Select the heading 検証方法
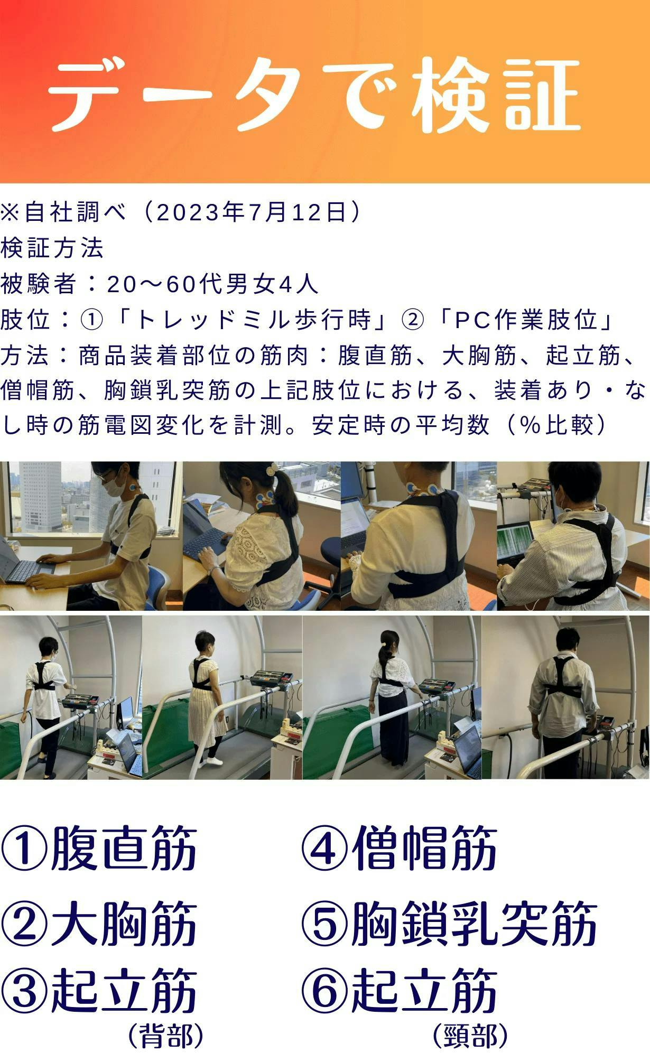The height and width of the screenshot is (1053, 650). tap(52, 248)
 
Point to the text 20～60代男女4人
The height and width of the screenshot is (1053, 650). tap(212, 284)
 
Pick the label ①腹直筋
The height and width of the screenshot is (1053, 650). tap(99, 849)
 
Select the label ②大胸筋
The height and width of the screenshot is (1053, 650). tap(99, 924)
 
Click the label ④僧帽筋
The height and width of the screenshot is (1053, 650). tap(400, 849)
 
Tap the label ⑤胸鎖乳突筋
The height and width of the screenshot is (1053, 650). tap(449, 924)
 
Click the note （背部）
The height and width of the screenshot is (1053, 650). tap(165, 1035)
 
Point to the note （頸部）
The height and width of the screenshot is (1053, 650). tap(470, 1035)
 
